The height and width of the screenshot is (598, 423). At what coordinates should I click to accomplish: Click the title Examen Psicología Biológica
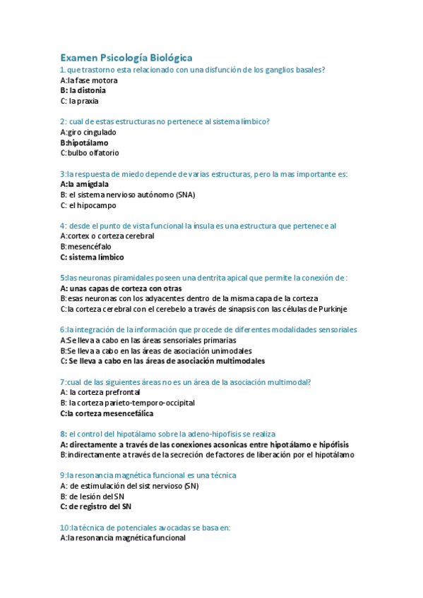click(x=126, y=57)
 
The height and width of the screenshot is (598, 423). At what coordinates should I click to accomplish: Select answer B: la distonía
click(x=83, y=90)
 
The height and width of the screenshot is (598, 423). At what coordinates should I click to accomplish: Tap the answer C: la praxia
click(x=79, y=101)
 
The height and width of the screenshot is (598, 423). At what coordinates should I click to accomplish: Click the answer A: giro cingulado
click(x=88, y=132)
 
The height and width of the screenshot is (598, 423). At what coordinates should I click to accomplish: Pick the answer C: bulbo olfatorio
click(x=90, y=153)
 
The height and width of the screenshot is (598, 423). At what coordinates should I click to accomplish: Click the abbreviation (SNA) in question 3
click(x=186, y=195)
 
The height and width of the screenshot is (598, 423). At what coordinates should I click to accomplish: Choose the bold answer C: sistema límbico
click(x=92, y=257)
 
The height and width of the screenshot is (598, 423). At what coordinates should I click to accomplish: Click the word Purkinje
click(x=330, y=309)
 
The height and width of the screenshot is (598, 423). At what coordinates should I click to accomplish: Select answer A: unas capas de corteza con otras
click(x=121, y=288)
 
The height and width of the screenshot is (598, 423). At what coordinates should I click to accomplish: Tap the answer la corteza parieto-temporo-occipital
click(x=127, y=403)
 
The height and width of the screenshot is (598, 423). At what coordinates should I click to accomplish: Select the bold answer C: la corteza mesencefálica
click(x=107, y=413)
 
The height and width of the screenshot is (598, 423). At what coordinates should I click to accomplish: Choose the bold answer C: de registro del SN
click(x=95, y=506)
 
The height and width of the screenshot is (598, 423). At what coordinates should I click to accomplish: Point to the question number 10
click(x=64, y=527)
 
